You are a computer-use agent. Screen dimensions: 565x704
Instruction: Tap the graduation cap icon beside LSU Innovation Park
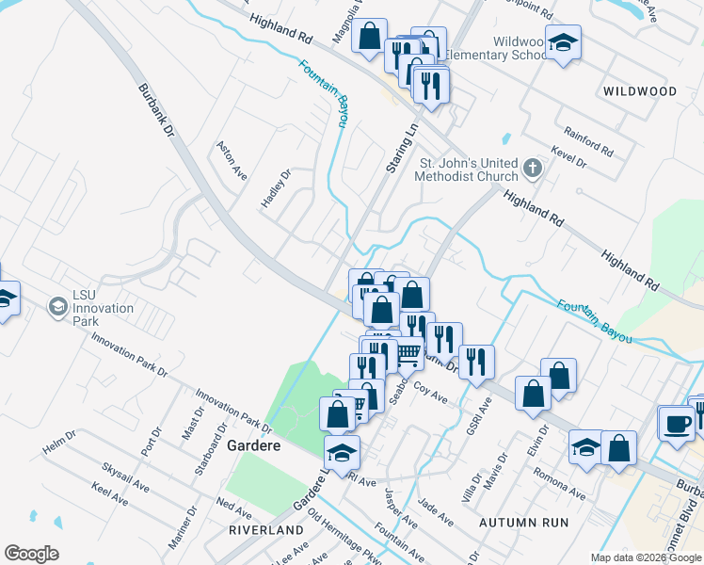click(x=57, y=307)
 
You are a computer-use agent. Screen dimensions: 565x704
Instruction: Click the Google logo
click(x=31, y=554)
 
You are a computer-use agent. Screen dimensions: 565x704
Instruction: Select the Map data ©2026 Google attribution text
click(x=647, y=557)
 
